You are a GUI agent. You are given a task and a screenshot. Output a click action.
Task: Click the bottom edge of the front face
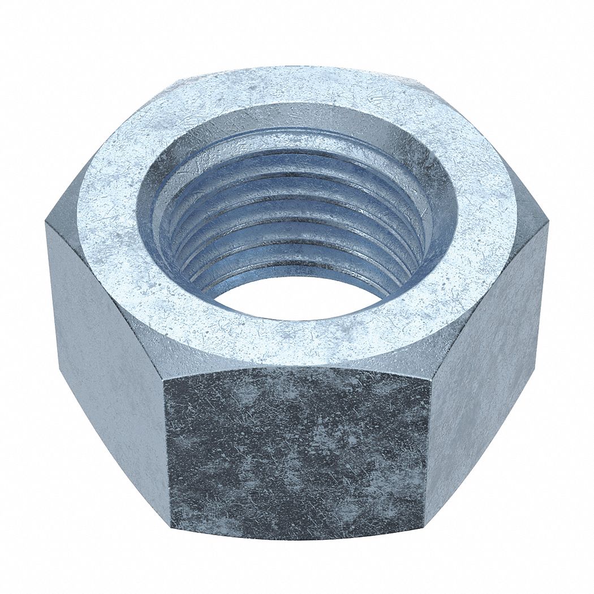(x=297, y=537)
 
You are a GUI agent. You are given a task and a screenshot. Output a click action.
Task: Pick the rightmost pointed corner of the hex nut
(x=548, y=223)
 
